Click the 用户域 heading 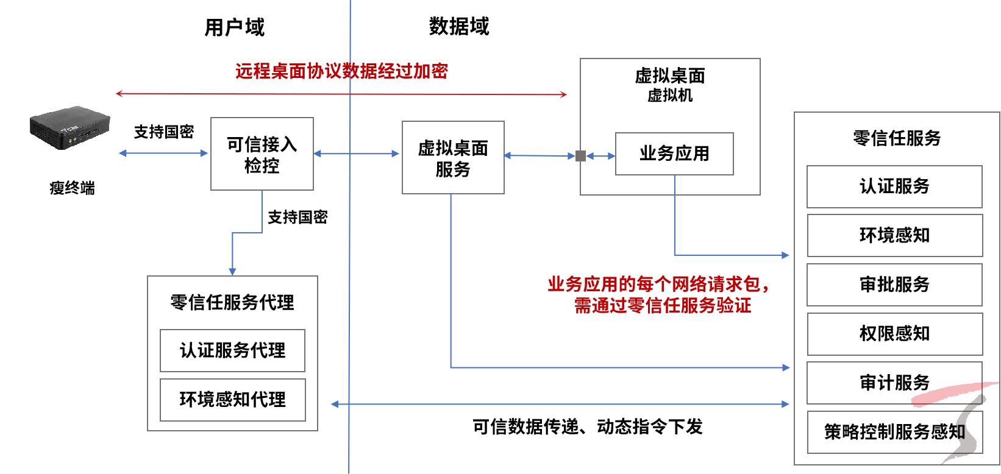[x=235, y=27]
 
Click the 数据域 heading [x=459, y=26]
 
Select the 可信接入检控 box [x=262, y=154]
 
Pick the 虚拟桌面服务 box [x=453, y=158]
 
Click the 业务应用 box [x=674, y=154]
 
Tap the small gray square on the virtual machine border [x=580, y=156]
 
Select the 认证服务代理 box [x=232, y=350]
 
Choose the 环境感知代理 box [x=232, y=400]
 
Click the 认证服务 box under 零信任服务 [x=894, y=186]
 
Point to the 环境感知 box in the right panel [x=894, y=235]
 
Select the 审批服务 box [x=894, y=285]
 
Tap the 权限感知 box [x=894, y=334]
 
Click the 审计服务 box [x=894, y=383]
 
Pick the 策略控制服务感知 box [x=894, y=432]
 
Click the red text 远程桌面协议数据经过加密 [x=342, y=71]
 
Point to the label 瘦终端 [x=72, y=188]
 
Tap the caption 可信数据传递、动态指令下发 [x=588, y=426]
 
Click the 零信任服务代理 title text [x=232, y=302]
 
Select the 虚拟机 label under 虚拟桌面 [x=670, y=96]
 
